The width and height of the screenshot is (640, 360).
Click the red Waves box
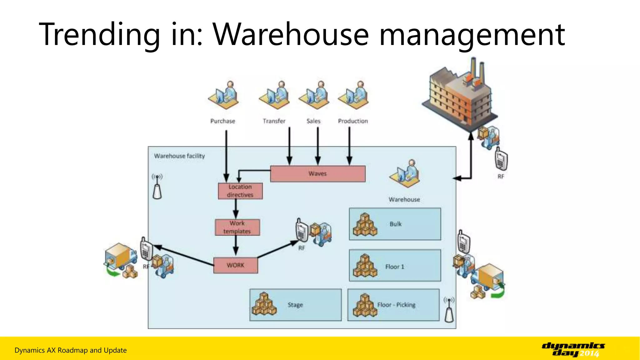pos(317,174)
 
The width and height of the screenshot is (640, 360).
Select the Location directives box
pos(240,191)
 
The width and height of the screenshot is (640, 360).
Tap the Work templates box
pos(237,227)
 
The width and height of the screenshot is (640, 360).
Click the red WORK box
pos(236,265)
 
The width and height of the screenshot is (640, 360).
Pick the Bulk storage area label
pos(395,224)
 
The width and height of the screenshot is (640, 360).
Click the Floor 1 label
pos(394,267)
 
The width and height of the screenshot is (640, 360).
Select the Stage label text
pos(295,305)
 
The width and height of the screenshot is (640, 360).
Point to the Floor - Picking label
pos(396,305)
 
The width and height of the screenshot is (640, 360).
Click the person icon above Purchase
pos(223,96)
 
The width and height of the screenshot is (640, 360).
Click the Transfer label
pos(274,121)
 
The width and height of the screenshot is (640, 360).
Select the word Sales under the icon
pos(313,121)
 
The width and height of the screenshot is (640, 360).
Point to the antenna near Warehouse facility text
pos(157,187)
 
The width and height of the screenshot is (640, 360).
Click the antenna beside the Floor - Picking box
pos(449,310)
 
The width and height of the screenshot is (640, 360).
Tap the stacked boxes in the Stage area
pos(264,304)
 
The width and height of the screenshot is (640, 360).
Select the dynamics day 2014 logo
pos(573,349)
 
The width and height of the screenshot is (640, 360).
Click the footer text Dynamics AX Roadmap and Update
pos(71,350)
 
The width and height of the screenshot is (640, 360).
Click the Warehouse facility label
pos(179,156)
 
